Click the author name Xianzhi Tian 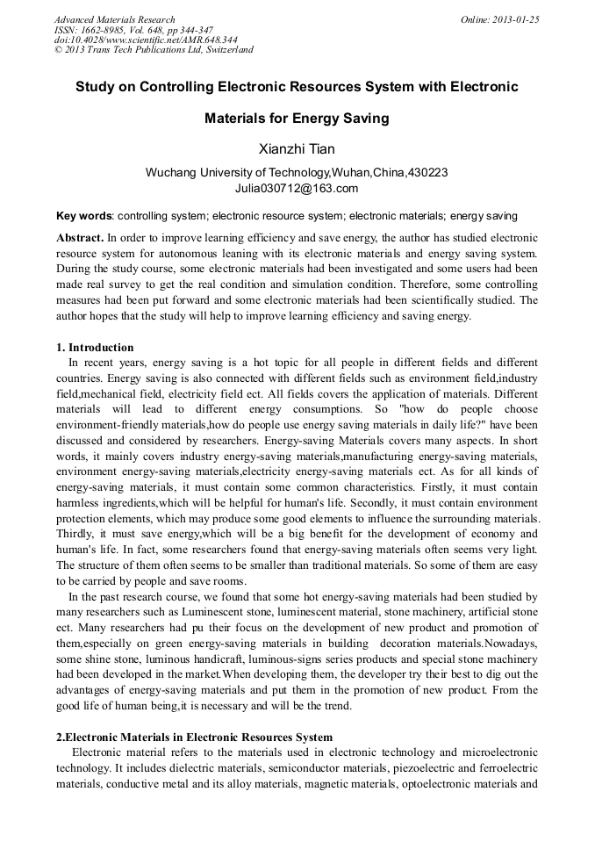(297, 148)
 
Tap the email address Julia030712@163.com (297, 188)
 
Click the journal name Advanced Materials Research (114, 19)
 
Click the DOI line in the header (145, 40)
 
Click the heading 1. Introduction (95, 348)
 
